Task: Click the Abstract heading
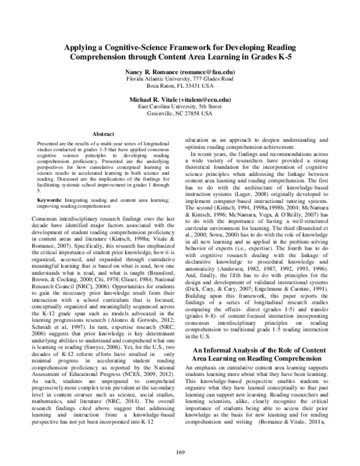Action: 104,133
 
